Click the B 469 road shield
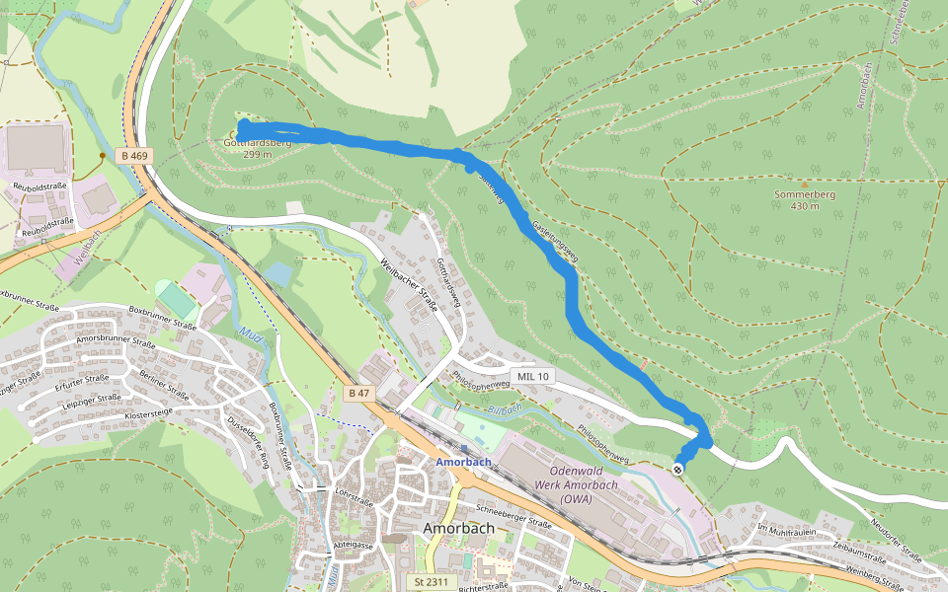tap(136, 156)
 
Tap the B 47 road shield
tap(358, 393)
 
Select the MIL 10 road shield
tap(534, 377)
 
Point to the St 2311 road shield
tap(432, 582)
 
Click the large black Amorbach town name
tap(458, 528)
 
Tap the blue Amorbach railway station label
tap(463, 462)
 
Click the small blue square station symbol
tap(463, 448)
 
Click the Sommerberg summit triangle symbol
tap(805, 184)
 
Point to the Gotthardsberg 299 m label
tap(257, 148)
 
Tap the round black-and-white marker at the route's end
tap(678, 468)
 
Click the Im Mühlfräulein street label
tap(787, 529)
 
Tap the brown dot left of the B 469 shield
tap(102, 156)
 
